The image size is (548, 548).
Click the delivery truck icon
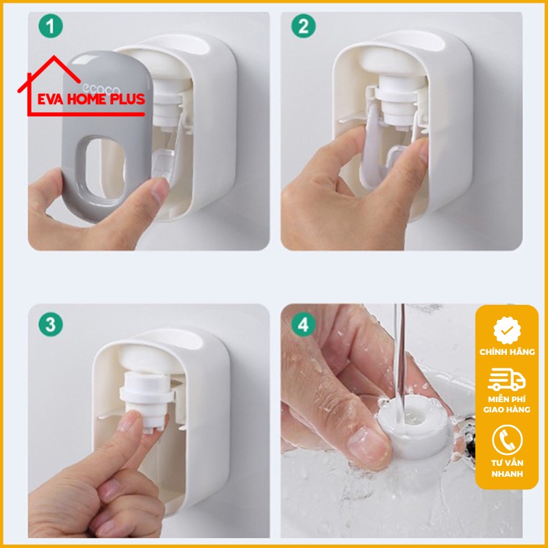click(507, 381)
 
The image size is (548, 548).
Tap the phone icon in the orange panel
click(507, 439)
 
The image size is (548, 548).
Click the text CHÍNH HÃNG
click(507, 352)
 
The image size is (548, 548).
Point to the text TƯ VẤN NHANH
click(507, 467)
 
